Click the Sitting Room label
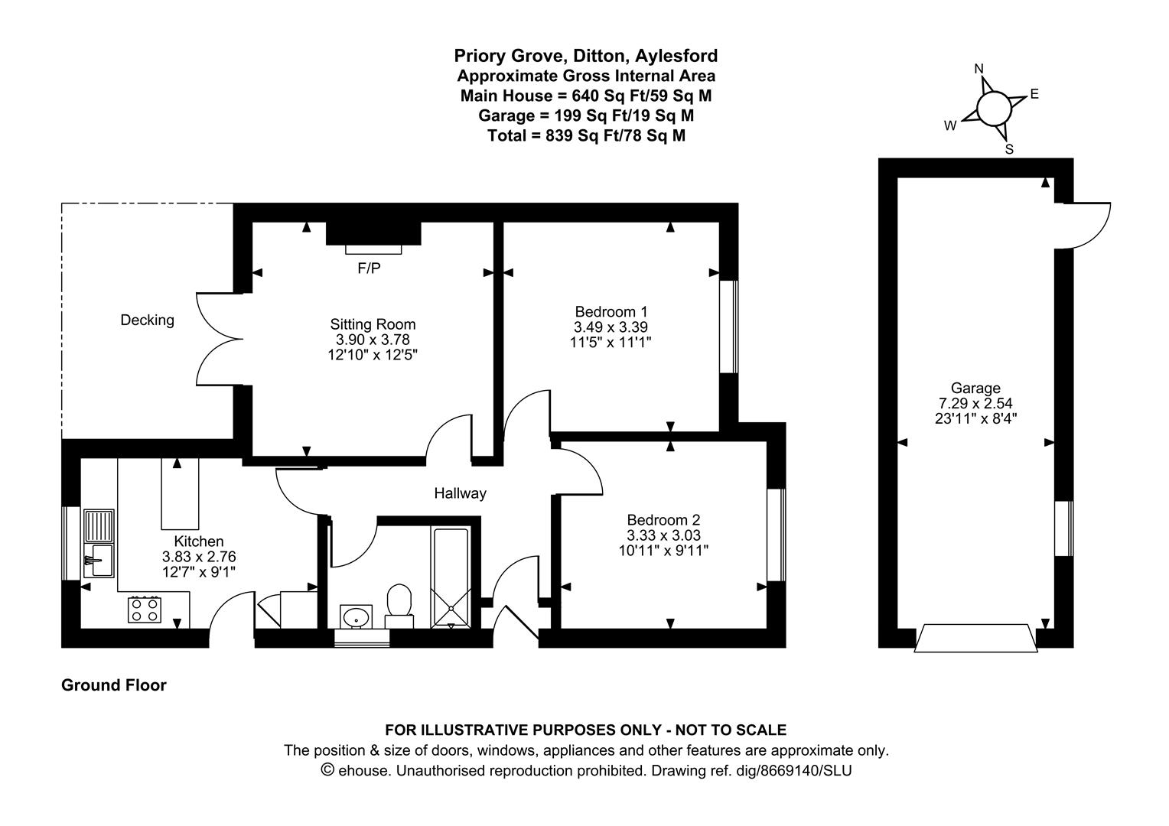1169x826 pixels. tap(373, 324)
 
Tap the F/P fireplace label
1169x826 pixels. tap(369, 268)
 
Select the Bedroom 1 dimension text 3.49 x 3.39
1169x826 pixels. tap(611, 327)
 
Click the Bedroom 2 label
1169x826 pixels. tap(663, 520)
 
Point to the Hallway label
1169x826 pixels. tap(460, 493)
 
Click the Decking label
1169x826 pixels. tap(148, 320)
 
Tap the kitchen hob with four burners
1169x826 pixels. tap(144, 610)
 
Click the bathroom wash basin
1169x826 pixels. tap(357, 616)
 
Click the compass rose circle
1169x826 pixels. tap(994, 108)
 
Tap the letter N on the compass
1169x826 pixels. tap(979, 69)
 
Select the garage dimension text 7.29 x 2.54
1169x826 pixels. tap(975, 403)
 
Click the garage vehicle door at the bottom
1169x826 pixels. tap(975, 639)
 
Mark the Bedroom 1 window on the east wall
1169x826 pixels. tap(728, 327)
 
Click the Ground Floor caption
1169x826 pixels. tap(114, 685)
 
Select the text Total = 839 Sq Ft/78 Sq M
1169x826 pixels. tap(586, 135)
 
